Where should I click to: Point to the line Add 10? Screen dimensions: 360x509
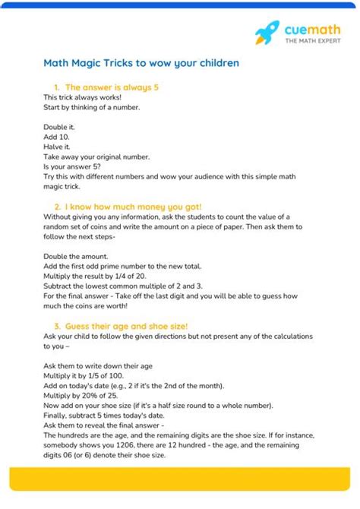click(54, 137)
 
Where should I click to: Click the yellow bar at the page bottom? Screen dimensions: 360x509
click(179, 479)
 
